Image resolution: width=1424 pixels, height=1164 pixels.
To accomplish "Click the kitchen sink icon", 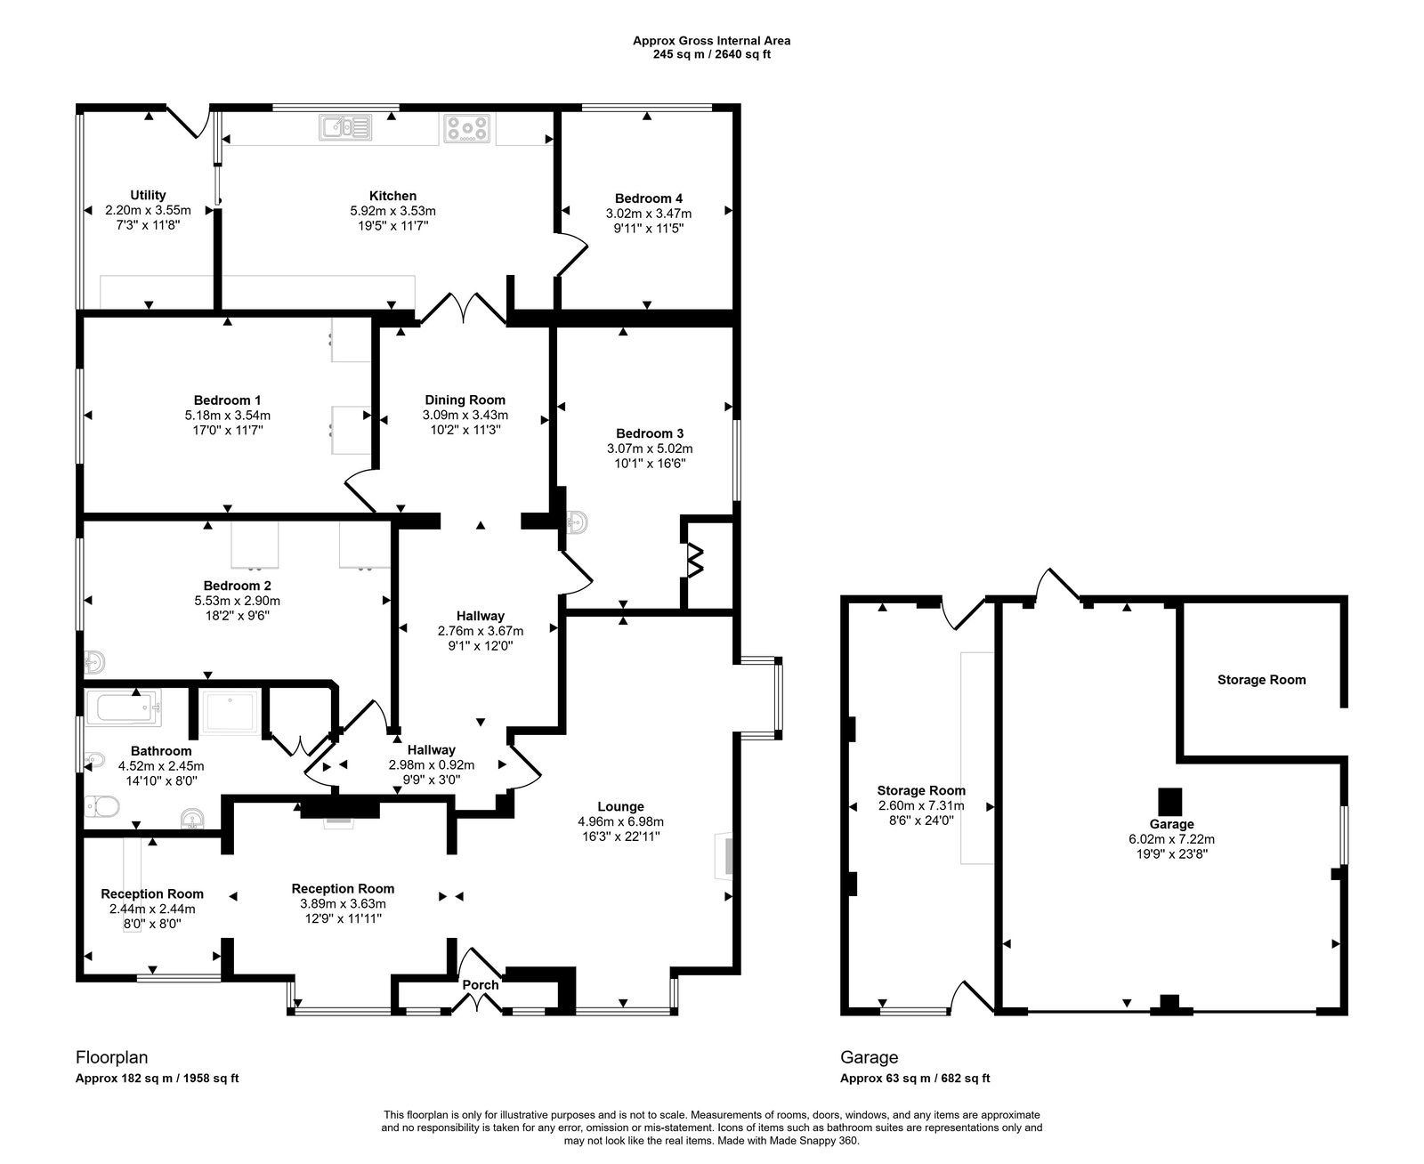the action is coord(345,127).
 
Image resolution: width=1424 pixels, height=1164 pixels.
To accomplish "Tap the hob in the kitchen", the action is coord(466,127).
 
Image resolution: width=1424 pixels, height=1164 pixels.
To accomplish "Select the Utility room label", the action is coord(148,195).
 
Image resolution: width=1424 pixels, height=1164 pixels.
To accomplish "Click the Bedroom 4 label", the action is coord(648,198).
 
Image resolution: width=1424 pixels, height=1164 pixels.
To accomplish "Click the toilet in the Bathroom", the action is coord(102,805).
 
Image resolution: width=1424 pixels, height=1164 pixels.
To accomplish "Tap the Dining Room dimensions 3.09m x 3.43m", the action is coord(465,415).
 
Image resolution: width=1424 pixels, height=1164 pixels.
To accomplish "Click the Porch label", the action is coord(480,984).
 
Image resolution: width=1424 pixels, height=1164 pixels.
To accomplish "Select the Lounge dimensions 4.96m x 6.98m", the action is coord(620,821).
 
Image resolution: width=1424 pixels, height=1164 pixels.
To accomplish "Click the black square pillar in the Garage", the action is coord(1170,802).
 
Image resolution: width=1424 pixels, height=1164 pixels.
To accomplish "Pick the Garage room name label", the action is coord(1171,824).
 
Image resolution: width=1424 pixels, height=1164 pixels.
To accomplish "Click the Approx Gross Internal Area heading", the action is coord(712,41).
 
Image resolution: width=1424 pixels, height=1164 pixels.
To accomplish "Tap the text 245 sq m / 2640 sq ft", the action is coord(712,54).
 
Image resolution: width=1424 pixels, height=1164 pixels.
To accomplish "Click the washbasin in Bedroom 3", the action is coord(576,521).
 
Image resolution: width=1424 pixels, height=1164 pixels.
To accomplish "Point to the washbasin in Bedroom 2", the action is coord(93,662).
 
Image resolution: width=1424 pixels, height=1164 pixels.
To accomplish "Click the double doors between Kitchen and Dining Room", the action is coord(463,309).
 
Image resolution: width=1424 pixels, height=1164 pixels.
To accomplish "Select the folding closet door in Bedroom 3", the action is coord(695,560).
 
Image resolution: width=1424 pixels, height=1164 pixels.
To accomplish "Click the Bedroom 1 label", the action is coord(228,400).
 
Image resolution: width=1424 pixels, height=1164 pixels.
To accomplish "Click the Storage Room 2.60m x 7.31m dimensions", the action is coord(921,805).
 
